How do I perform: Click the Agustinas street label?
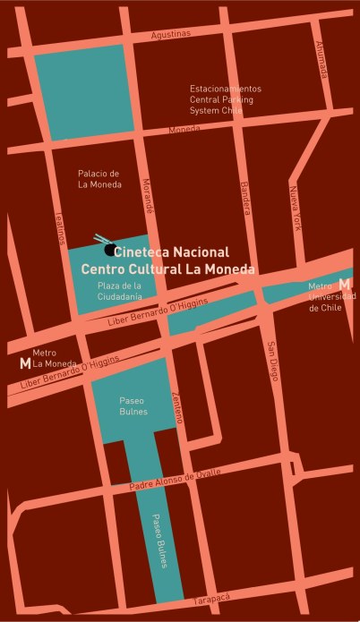pyautogui.click(x=171, y=34)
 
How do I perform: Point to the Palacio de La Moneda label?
pyautogui.click(x=99, y=179)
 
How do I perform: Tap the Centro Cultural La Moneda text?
pyautogui.click(x=168, y=268)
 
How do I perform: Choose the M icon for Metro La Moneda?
pyautogui.click(x=24, y=363)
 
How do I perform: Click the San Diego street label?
pyautogui.click(x=273, y=359)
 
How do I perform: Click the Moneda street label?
pyautogui.click(x=184, y=131)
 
